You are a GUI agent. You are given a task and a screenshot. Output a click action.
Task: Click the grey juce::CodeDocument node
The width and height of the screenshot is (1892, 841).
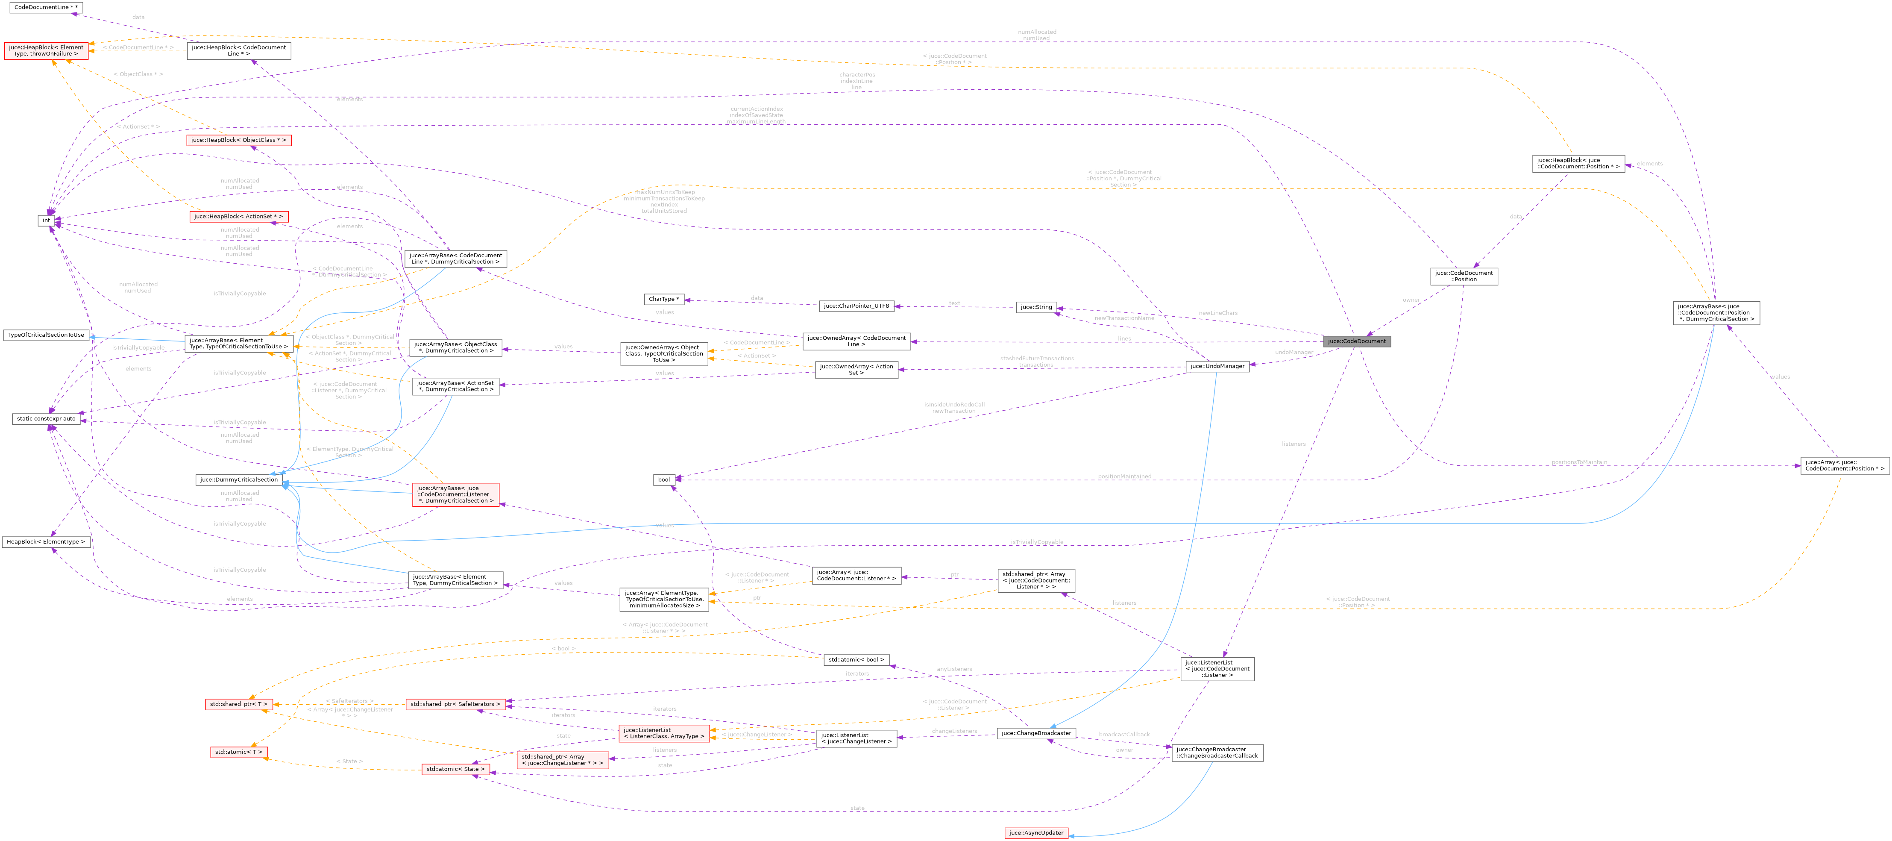tap(1356, 341)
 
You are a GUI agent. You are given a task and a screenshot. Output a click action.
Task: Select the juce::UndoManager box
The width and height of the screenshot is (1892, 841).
tap(1216, 366)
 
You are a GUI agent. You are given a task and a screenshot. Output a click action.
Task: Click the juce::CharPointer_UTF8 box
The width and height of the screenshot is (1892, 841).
tap(857, 306)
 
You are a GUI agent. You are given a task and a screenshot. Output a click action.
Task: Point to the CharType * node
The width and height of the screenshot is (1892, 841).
tap(663, 299)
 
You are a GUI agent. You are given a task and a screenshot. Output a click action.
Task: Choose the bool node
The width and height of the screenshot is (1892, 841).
tap(663, 479)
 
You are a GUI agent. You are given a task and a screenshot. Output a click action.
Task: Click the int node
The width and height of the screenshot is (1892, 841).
tap(46, 221)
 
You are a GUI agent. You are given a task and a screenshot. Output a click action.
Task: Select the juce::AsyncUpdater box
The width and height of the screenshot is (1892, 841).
tap(1035, 833)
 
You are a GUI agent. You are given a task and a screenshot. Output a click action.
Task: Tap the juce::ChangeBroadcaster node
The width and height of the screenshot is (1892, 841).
tap(1035, 733)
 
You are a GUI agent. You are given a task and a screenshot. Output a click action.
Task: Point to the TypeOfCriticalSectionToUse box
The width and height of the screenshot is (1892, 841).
tap(46, 335)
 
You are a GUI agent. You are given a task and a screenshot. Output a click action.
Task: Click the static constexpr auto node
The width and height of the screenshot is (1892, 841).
tap(46, 419)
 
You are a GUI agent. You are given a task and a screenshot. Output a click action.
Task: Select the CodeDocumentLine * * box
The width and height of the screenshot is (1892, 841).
tap(46, 7)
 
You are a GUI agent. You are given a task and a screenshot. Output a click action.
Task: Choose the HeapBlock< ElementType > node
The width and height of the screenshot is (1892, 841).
tap(46, 542)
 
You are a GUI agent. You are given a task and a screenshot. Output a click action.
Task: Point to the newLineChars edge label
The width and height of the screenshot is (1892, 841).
tap(1218, 313)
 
